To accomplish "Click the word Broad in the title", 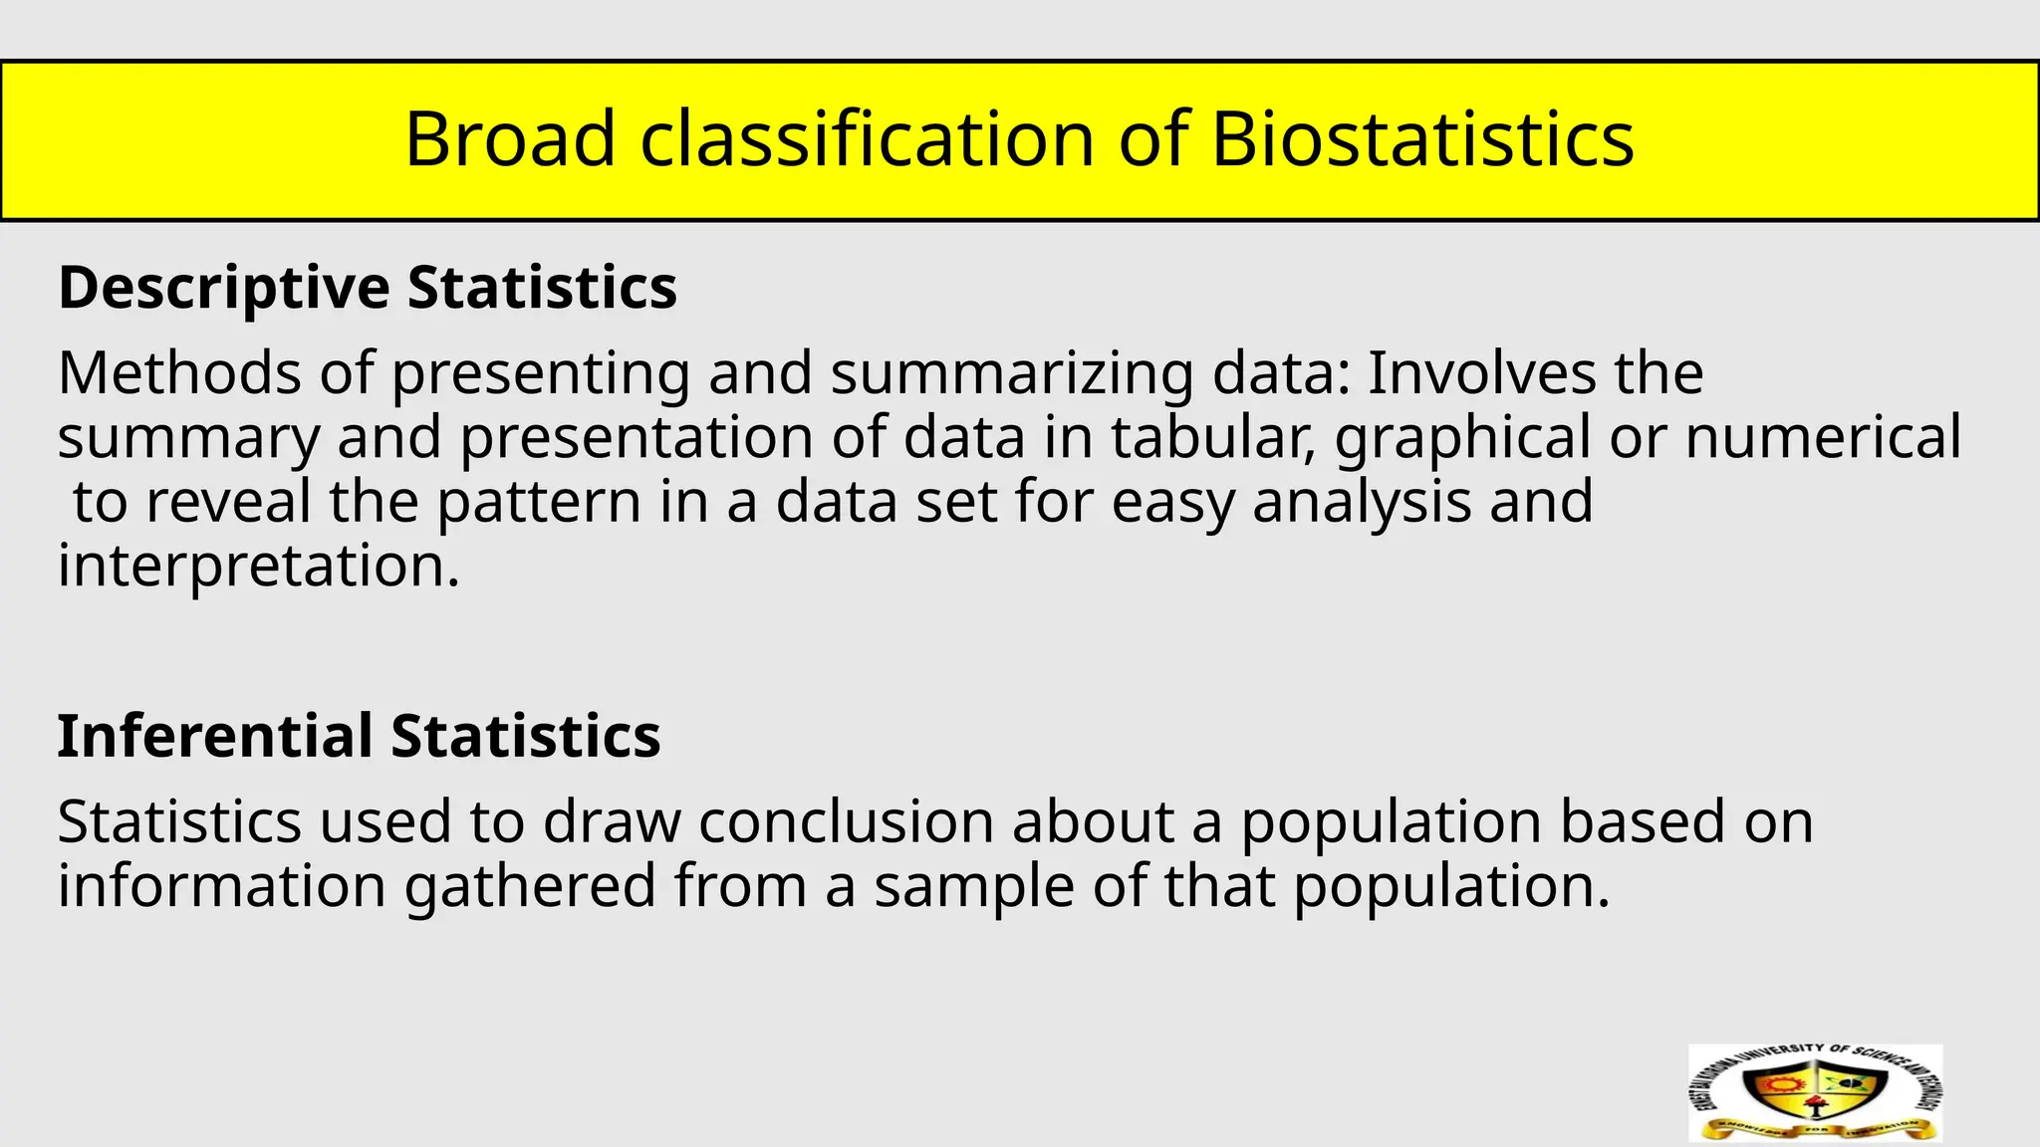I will pyautogui.click(x=510, y=138).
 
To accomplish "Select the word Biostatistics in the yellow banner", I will pyautogui.click(x=1422, y=138).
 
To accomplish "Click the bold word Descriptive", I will pyautogui.click(x=224, y=289).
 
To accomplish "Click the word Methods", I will pyautogui.click(x=180, y=373).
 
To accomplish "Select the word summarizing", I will pyautogui.click(x=1011, y=375).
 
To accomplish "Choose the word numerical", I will pyautogui.click(x=1823, y=437).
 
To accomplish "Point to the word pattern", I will pyautogui.click(x=539, y=502).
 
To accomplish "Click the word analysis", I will pyautogui.click(x=1362, y=502).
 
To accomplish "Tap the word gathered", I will pyautogui.click(x=530, y=887).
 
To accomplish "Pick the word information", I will pyautogui.click(x=221, y=885).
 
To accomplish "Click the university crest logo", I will pyautogui.click(x=1815, y=1092).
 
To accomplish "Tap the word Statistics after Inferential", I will pyautogui.click(x=526, y=737).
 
